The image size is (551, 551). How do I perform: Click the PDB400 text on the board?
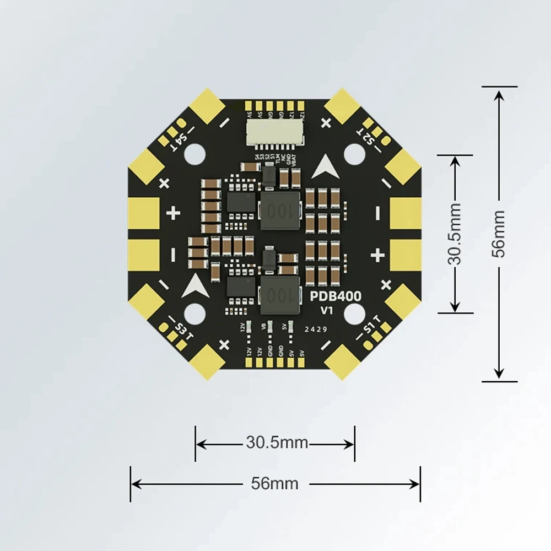point(336,296)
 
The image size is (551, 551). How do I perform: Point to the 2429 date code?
point(316,329)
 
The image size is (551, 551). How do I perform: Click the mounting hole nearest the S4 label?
point(194,155)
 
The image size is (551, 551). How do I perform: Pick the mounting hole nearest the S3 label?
point(195,314)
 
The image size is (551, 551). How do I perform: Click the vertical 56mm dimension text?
point(499,234)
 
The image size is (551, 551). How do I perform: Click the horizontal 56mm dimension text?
point(274,484)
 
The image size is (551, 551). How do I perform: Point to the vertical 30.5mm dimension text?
point(455,234)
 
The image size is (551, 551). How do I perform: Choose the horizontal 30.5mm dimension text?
point(277,442)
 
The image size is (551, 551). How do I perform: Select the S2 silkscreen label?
point(368,138)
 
